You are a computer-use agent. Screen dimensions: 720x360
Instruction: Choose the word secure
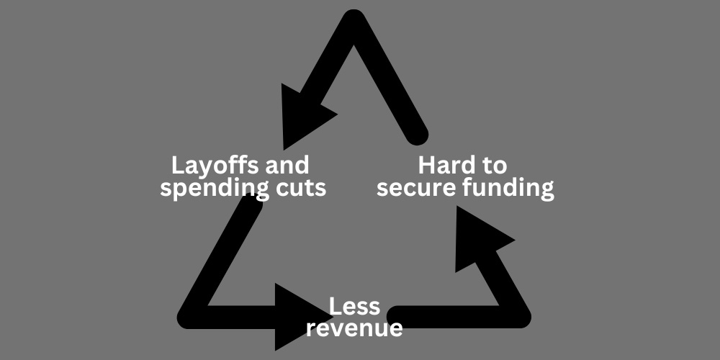click(x=415, y=189)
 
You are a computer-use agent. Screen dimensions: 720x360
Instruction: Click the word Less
click(x=354, y=307)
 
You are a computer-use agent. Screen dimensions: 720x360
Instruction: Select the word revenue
click(x=354, y=328)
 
